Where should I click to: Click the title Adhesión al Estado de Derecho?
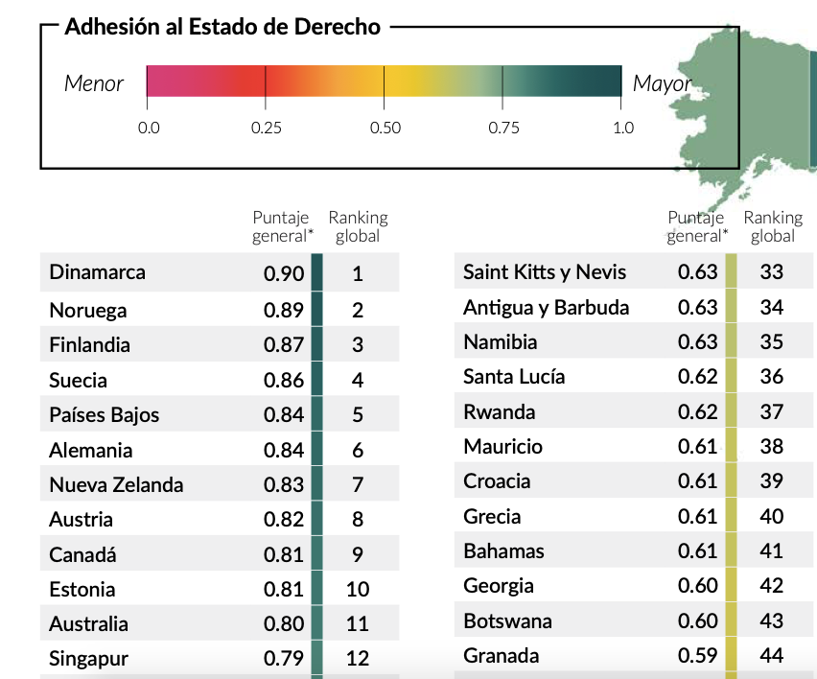tap(222, 27)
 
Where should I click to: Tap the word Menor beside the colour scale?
tap(94, 83)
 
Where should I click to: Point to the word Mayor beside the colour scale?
tap(662, 83)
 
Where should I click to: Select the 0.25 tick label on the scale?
tap(266, 128)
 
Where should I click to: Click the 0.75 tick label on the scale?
tap(503, 128)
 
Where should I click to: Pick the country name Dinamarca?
tap(98, 272)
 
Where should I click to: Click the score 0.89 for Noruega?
tap(284, 310)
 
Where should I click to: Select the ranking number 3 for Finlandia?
tap(358, 345)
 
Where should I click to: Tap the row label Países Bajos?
tap(105, 415)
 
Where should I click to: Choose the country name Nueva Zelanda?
tap(116, 485)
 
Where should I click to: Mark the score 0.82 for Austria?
tap(284, 520)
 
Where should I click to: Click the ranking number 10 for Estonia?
tap(358, 590)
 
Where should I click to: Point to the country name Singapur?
tap(88, 659)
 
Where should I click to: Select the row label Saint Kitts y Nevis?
tap(545, 272)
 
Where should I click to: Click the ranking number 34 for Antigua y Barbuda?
tap(771, 307)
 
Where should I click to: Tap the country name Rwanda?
tap(499, 412)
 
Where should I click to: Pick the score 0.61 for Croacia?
tap(697, 481)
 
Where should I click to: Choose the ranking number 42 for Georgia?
tap(771, 586)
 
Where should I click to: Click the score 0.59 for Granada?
tap(697, 656)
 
